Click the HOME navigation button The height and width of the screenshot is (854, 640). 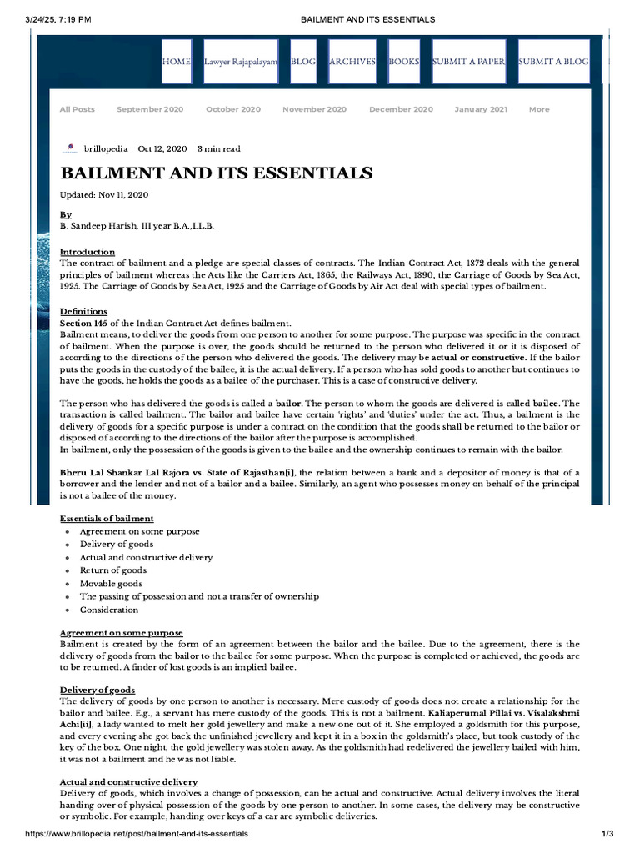(x=176, y=62)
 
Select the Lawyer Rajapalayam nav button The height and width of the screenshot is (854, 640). (x=241, y=62)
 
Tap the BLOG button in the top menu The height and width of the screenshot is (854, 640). (x=302, y=62)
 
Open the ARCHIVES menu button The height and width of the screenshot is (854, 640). (x=352, y=62)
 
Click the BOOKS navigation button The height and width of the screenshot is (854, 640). (x=404, y=62)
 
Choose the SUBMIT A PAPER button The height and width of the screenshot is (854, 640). (x=469, y=62)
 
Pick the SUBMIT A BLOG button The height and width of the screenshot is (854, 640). (x=553, y=62)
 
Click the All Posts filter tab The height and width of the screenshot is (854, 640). (x=77, y=109)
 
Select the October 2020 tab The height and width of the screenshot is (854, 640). (x=233, y=109)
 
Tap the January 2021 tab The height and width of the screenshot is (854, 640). (x=481, y=109)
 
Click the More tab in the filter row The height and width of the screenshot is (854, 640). (x=539, y=109)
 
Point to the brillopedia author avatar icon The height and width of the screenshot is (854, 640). (x=69, y=149)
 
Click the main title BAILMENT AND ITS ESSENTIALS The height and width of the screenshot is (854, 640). (x=216, y=173)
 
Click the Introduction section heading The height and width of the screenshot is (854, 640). (x=87, y=252)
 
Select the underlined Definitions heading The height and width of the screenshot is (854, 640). (x=83, y=311)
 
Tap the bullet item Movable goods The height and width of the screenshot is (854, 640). (x=111, y=584)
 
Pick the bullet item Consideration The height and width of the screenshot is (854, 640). (x=109, y=610)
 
